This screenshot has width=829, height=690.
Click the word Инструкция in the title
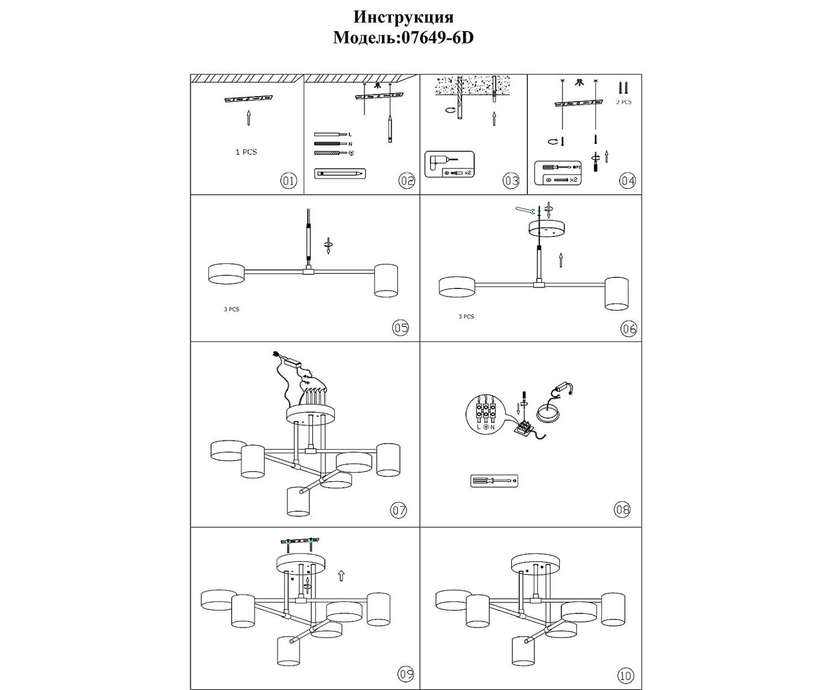point(403,17)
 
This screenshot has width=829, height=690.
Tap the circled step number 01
point(288,181)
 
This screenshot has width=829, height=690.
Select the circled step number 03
point(511,181)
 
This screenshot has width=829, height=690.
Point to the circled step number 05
point(401,328)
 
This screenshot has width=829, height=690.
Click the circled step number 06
point(629,329)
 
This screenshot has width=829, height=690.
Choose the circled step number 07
point(399,510)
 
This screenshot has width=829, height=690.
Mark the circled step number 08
point(622,509)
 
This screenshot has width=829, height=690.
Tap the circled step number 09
point(406,674)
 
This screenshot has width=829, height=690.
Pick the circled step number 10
point(626,675)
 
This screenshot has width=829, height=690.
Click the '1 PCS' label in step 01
point(246,152)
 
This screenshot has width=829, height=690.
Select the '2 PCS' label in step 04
point(624,102)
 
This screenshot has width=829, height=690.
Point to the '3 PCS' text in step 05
point(232,309)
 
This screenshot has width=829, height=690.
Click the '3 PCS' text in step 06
point(466,317)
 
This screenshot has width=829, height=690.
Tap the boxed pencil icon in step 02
point(339,173)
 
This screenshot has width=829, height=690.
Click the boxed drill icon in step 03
point(449,164)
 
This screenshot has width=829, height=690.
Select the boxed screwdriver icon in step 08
point(494,481)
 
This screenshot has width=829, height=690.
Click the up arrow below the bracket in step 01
point(248,118)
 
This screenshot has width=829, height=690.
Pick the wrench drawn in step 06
point(525,210)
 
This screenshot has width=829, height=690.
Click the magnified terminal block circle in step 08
point(486,413)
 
